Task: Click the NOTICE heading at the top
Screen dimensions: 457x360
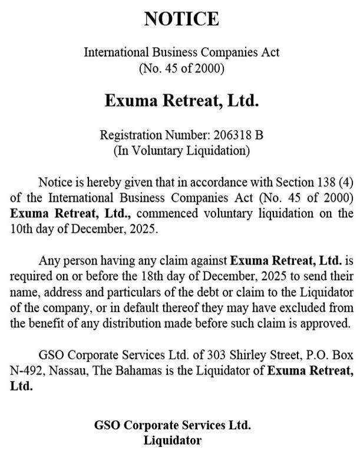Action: point(181,19)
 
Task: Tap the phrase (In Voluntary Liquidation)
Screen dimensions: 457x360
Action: point(181,150)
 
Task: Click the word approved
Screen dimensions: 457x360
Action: point(326,323)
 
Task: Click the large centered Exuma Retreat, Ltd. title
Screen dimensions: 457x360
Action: point(181,101)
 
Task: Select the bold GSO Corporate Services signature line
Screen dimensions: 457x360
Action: point(172,425)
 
